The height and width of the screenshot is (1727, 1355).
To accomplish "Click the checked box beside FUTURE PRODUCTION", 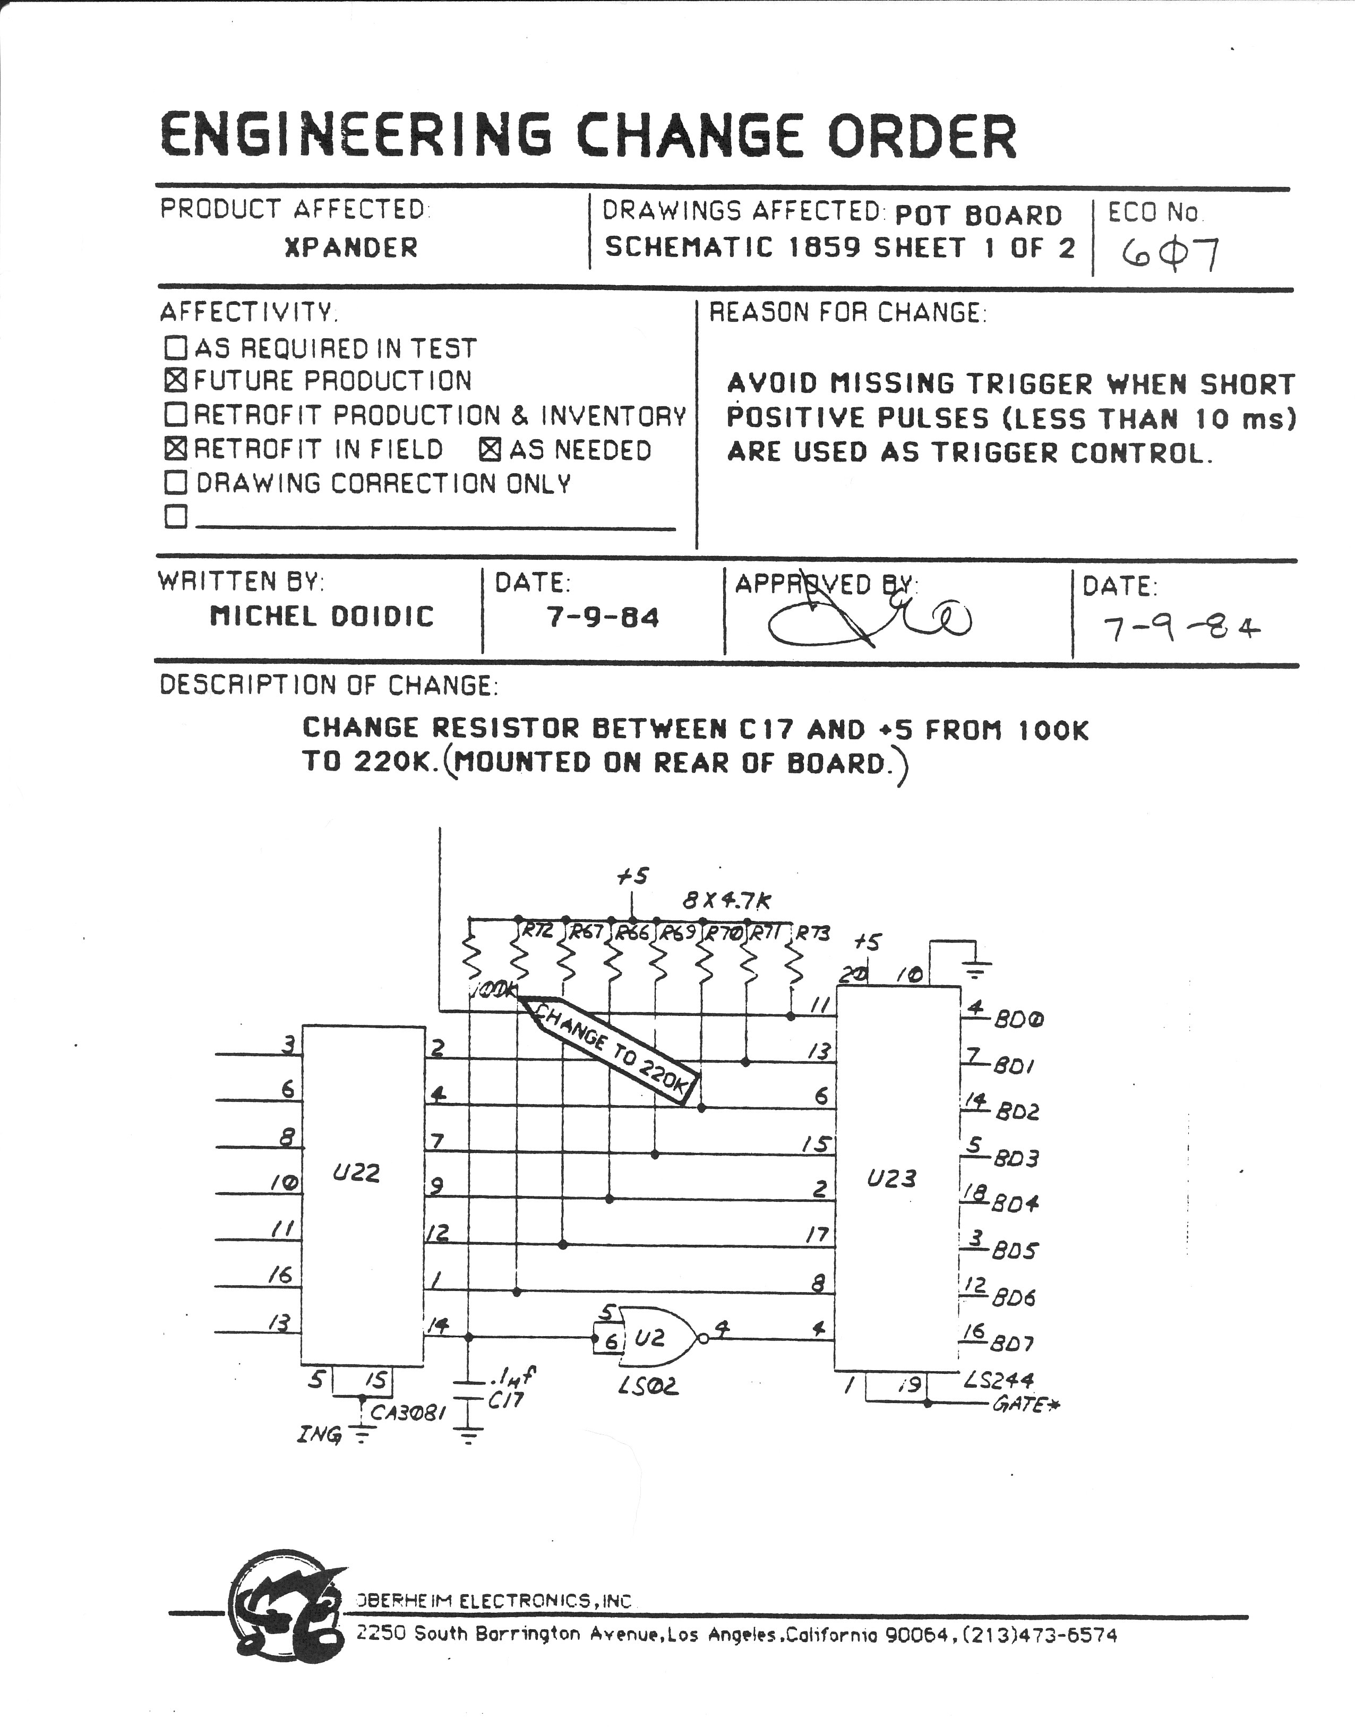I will (x=175, y=381).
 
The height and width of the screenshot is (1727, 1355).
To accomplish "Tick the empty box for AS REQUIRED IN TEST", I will (x=175, y=347).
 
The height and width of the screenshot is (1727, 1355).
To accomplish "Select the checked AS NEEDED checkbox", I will (x=490, y=450).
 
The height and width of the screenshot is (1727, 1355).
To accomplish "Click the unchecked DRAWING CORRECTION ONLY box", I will (x=175, y=482).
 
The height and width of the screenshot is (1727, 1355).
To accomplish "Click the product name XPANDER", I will (x=350, y=247).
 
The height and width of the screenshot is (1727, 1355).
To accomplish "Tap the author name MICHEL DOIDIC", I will (x=321, y=617).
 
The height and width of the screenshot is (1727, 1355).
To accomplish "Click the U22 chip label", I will (x=356, y=1173).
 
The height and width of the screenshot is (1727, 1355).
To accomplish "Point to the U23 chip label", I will (x=891, y=1178).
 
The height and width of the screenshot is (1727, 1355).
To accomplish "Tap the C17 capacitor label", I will (x=505, y=1400).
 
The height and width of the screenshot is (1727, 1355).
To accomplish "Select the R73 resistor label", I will (x=812, y=933).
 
